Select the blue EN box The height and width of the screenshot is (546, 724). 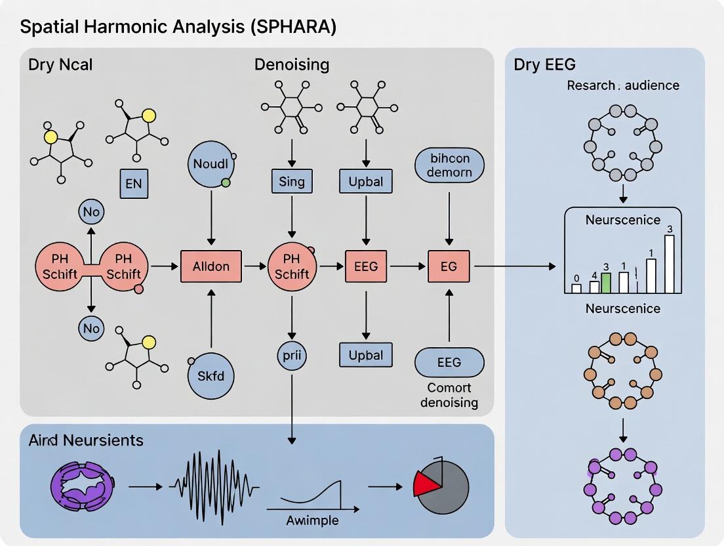pos(133,183)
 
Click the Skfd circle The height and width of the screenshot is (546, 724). pos(211,375)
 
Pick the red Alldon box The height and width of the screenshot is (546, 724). pos(211,266)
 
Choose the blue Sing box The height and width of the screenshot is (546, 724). pos(292,181)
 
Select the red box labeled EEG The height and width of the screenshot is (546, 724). pos(366,266)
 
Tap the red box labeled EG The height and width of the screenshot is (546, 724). pos(449,266)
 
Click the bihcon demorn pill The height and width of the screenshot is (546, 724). pos(449,165)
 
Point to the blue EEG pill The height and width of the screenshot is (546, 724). pos(449,362)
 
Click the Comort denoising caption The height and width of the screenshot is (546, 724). pos(449,394)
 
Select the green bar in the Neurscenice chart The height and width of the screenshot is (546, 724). pos(606,283)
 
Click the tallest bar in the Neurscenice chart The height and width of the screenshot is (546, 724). pos(669,264)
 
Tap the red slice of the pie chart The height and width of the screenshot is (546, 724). pos(426,483)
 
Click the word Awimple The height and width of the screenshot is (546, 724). pos(312,520)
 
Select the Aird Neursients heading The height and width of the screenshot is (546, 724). pos(86,440)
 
